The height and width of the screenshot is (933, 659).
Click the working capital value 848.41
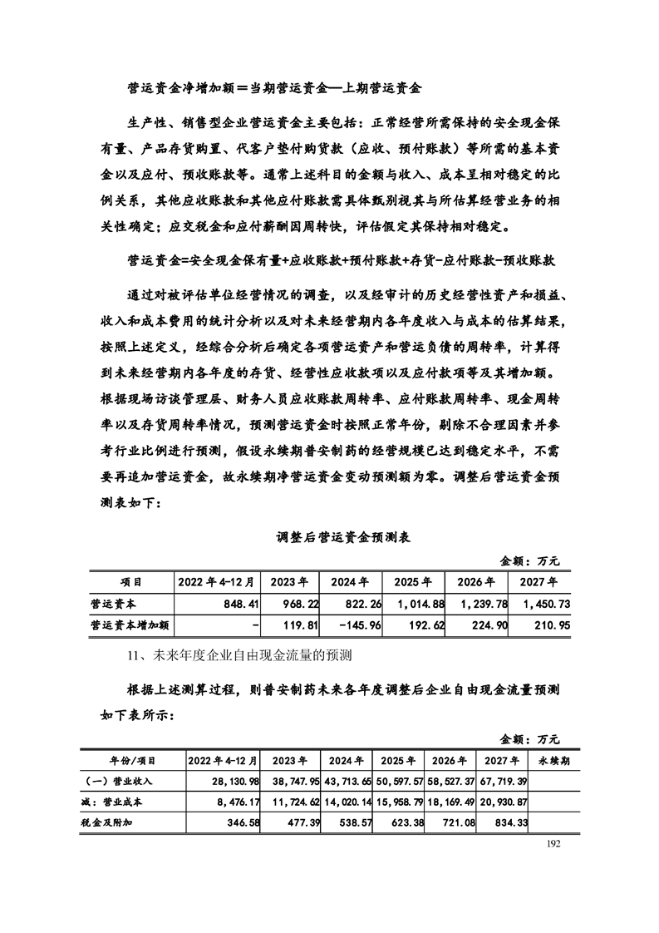click(x=237, y=603)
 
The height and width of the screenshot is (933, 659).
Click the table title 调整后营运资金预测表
click(x=343, y=538)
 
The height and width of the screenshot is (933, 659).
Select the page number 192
click(x=556, y=843)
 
